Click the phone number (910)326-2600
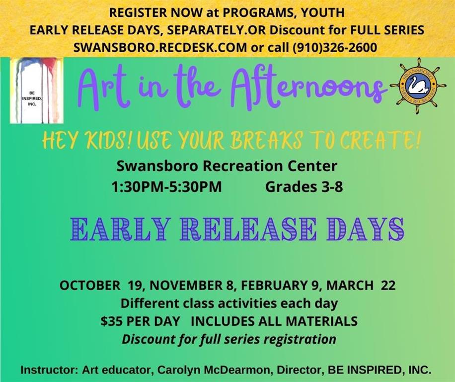[x=335, y=47]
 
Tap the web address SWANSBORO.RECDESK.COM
[x=160, y=47]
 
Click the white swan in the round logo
[x=416, y=86]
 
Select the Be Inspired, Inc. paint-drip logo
[x=37, y=91]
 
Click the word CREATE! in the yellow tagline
[x=380, y=140]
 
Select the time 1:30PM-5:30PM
[x=166, y=187]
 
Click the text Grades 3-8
[x=304, y=187]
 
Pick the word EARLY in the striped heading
[x=119, y=229]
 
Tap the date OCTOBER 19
[x=100, y=286]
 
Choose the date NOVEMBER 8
[x=190, y=286]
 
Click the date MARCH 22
[x=361, y=286]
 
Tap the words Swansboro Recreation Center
[x=227, y=167]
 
